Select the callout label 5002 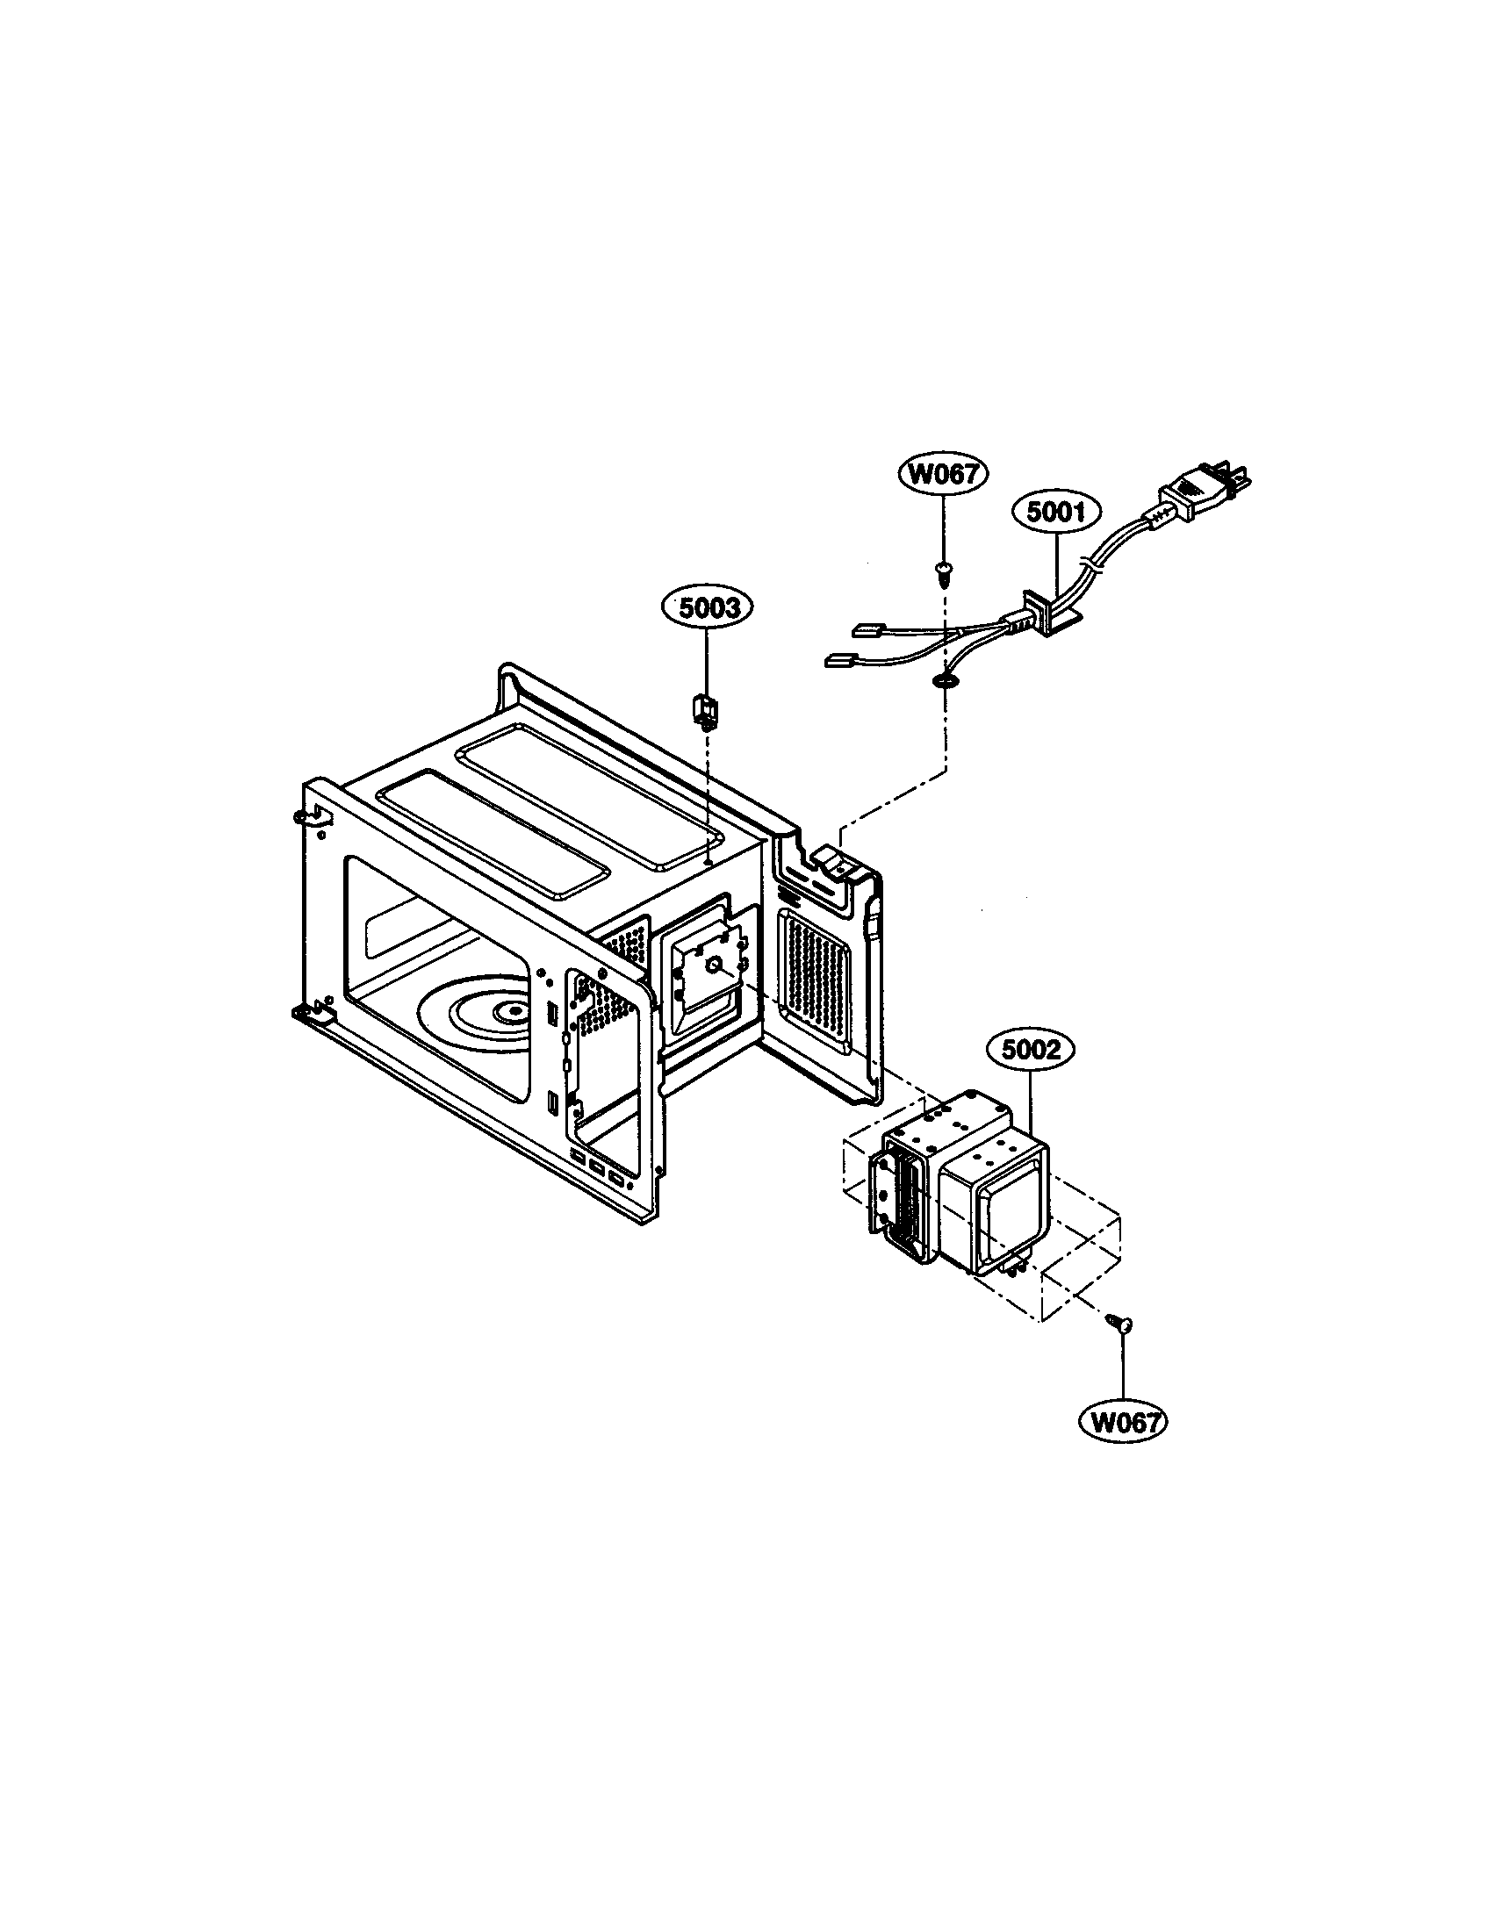pyautogui.click(x=1030, y=1051)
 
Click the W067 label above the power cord pyautogui.click(x=945, y=475)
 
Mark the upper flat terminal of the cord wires pyautogui.click(x=862, y=631)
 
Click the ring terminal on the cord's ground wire pyautogui.click(x=946, y=680)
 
